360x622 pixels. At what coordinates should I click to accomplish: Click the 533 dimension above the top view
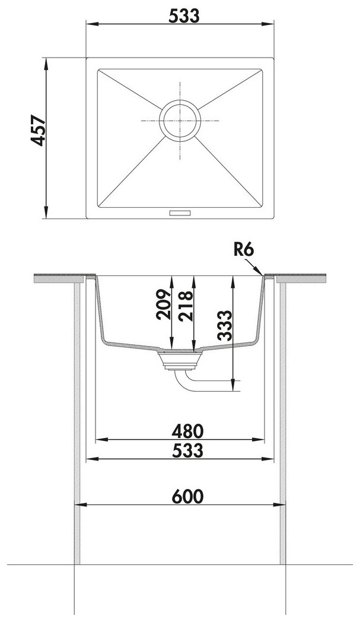tap(184, 16)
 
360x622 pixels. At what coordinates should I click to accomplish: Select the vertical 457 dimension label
tap(39, 131)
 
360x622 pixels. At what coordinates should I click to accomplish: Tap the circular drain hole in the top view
tap(180, 120)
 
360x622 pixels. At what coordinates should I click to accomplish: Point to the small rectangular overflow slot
tap(180, 213)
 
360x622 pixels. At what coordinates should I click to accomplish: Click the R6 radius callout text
tap(243, 250)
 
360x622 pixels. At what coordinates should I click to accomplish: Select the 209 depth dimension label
tap(163, 304)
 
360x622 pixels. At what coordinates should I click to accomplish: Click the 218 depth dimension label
tap(186, 306)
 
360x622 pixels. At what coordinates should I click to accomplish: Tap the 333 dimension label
tap(224, 326)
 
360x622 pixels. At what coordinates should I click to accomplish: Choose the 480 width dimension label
tap(187, 431)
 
